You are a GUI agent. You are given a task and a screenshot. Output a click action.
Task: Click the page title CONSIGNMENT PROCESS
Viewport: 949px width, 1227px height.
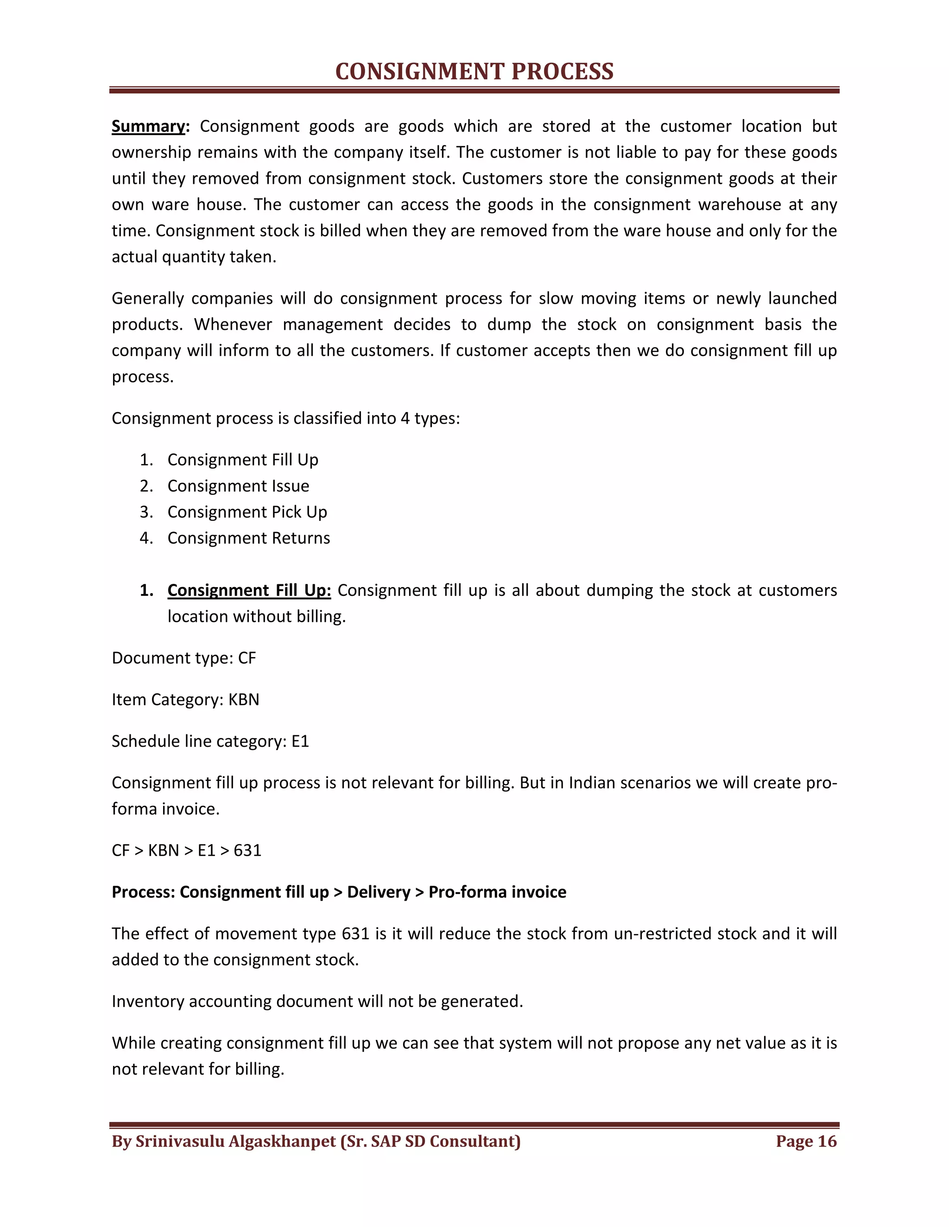474,72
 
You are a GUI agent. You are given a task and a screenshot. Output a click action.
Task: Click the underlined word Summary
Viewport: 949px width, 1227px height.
148,126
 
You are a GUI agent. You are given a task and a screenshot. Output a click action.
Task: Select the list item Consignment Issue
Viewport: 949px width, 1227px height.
238,486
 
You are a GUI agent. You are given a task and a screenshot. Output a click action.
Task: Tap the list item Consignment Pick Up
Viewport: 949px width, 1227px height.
247,512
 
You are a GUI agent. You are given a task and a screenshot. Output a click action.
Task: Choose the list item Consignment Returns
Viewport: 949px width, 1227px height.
248,538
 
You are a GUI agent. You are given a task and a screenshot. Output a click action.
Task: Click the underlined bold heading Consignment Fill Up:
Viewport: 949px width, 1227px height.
249,590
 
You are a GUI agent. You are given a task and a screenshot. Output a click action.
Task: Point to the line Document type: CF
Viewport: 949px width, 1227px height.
184,658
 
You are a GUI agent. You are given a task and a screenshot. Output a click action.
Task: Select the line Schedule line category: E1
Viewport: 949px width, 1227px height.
210,742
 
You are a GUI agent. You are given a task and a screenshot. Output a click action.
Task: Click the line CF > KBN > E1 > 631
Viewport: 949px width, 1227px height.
187,851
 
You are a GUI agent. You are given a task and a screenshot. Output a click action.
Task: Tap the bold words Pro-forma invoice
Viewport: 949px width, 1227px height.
497,892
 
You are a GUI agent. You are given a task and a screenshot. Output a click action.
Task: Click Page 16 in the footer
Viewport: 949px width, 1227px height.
806,1142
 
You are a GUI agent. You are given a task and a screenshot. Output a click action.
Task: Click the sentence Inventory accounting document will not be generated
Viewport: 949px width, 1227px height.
317,1002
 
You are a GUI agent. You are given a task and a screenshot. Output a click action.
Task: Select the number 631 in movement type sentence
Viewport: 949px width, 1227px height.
355,934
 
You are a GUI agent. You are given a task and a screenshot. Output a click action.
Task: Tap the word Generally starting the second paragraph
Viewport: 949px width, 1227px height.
147,298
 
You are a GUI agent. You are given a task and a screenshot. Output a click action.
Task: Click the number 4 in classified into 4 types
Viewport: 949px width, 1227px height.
405,419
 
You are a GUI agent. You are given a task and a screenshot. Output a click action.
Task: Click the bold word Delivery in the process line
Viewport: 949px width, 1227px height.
379,892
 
